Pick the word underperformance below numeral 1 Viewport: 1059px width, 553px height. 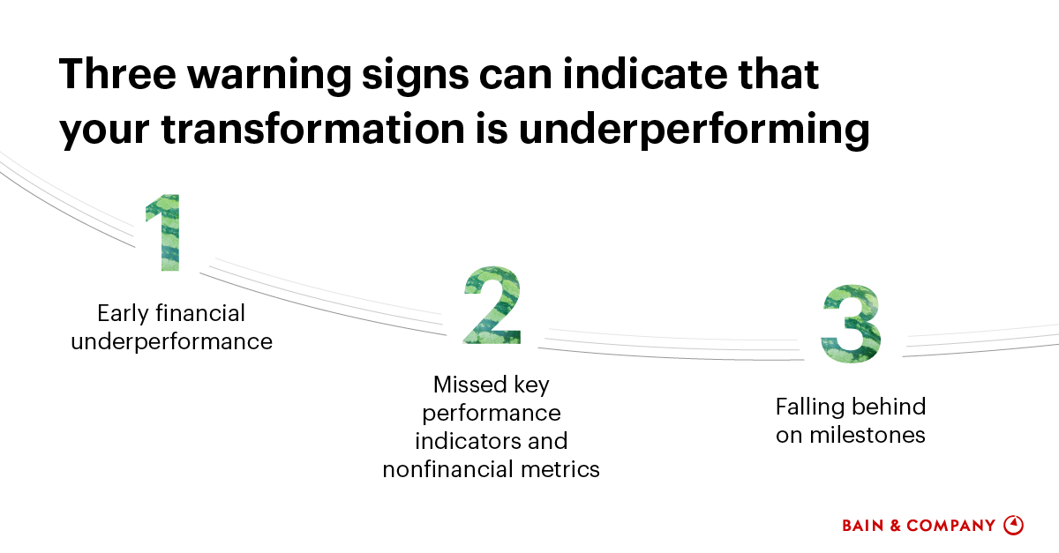coord(171,342)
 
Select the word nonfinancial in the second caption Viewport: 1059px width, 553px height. coord(439,469)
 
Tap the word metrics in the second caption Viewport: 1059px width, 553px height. coord(560,469)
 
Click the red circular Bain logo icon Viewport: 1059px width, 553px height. coord(1014,525)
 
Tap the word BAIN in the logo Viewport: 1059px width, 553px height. coord(862,526)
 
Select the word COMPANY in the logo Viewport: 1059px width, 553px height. coord(950,526)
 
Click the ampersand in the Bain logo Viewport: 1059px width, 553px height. coord(894,526)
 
